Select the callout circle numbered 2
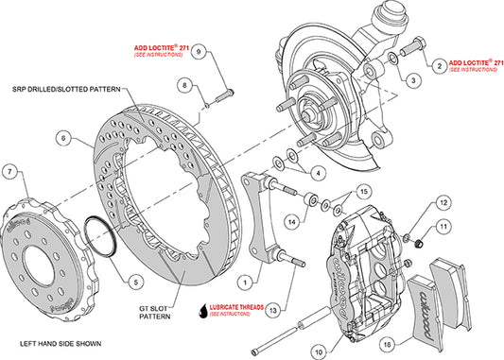[439, 65]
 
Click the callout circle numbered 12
[444, 203]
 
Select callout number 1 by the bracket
[244, 281]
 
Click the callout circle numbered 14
[292, 222]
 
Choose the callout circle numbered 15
[360, 194]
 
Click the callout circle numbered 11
[444, 227]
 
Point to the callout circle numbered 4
[319, 172]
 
